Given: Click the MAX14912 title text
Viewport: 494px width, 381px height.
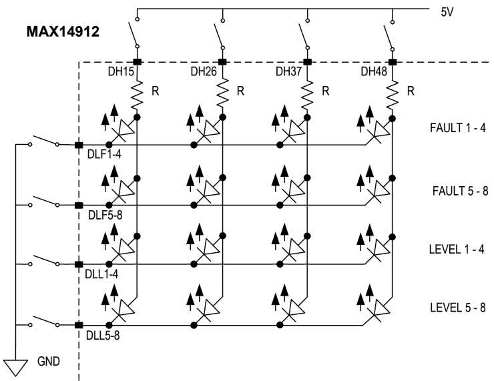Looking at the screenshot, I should click(x=63, y=31).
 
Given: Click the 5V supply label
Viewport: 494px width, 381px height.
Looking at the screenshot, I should click(x=447, y=13).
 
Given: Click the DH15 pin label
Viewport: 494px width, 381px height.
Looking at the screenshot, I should click(x=120, y=71).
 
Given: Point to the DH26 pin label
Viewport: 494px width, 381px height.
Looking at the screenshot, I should click(x=204, y=71).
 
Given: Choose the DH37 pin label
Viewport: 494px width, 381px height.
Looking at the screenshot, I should click(x=290, y=71).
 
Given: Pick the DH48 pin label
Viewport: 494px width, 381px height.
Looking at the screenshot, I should click(x=375, y=71).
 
